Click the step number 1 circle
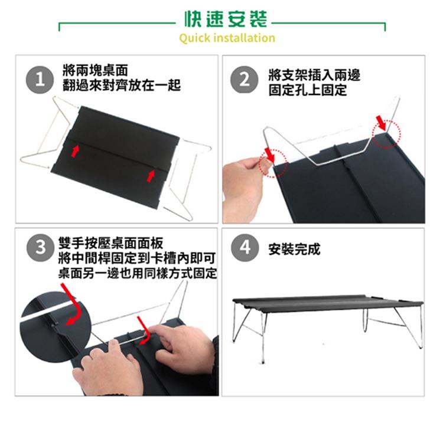coord(40,80)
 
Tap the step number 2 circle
coord(245,80)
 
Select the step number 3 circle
coord(40,247)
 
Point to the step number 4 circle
coord(245,247)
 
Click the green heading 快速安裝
coord(226,19)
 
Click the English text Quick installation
coord(227,38)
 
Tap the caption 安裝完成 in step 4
coord(294,250)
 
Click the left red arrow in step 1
coord(74,151)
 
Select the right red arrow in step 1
coord(151,175)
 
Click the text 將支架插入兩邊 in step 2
coord(314,75)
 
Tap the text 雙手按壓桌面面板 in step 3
coord(111,243)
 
